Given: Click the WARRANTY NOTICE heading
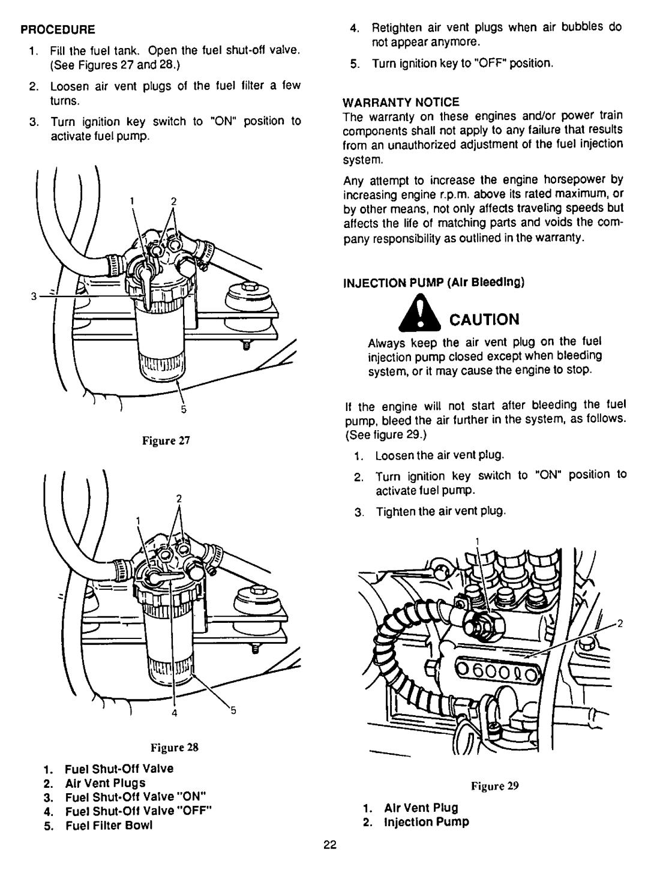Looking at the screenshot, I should [x=382, y=101].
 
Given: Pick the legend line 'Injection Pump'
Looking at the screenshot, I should [x=430, y=821].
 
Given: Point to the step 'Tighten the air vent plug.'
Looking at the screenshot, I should [x=441, y=511].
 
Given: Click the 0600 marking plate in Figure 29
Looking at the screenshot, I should [x=500, y=665].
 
